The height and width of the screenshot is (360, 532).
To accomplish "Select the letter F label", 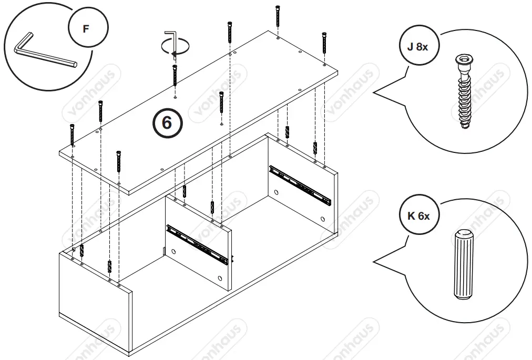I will click(87, 28).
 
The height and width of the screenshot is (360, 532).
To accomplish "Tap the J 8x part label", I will click(418, 46).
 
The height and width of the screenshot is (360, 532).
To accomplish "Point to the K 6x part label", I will click(418, 215).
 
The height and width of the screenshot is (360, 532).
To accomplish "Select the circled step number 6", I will click(167, 123).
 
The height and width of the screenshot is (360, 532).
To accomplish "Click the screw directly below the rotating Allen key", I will click(174, 77).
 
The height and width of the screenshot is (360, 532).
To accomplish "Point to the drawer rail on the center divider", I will click(197, 243).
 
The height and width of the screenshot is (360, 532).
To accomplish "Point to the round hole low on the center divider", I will click(220, 277).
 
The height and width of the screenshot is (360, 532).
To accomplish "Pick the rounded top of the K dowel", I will click(463, 234).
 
